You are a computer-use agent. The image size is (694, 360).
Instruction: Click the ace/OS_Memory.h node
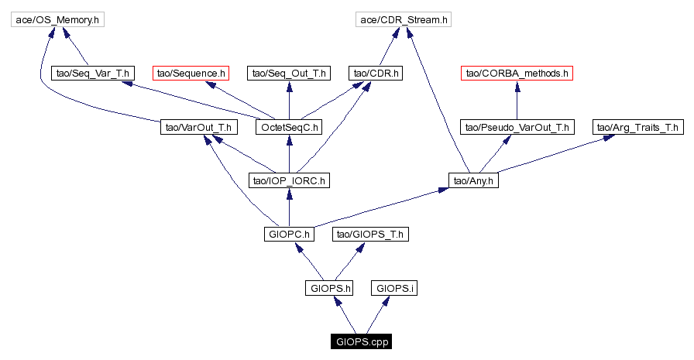(57, 19)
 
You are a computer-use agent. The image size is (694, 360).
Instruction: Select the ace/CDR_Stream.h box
(403, 19)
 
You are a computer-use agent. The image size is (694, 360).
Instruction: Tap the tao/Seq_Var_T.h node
(94, 74)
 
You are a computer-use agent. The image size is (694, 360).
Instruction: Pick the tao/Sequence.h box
(191, 74)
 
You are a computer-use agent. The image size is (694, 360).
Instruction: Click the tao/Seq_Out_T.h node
(289, 74)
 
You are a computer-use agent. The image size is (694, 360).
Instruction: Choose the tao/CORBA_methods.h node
(516, 74)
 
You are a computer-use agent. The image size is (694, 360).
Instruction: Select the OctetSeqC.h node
(289, 127)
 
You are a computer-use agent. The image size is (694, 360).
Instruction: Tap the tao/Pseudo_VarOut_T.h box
(516, 127)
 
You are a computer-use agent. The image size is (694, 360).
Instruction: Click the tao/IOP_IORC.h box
(289, 180)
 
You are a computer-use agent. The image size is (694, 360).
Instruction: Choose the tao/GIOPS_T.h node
(369, 234)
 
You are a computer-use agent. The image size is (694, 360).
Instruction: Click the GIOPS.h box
(331, 288)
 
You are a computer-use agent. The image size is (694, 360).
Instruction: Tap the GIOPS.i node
(395, 288)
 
